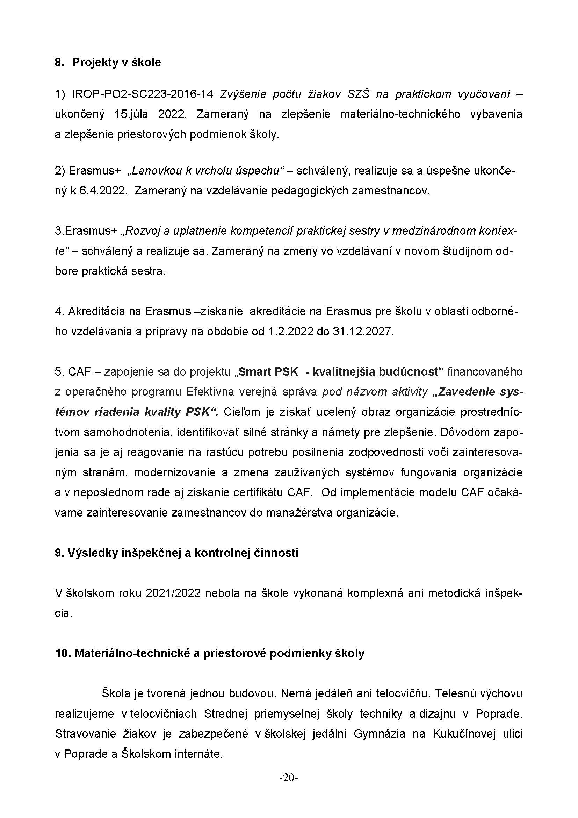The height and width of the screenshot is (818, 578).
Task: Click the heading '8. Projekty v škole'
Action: coord(108,62)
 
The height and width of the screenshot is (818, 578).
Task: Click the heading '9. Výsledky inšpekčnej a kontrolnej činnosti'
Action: coord(176,553)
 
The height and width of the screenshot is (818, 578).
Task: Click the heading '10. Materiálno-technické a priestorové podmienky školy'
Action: coord(210,653)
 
